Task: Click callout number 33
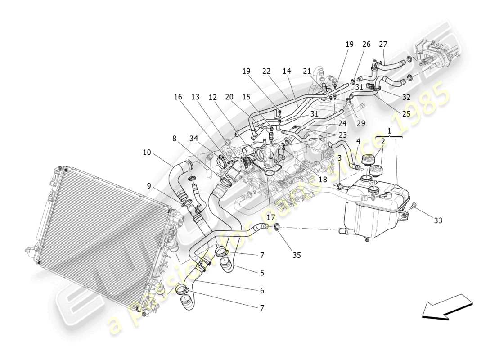point(438,220)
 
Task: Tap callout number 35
point(297,255)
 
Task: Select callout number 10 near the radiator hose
point(147,153)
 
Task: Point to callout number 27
point(383,44)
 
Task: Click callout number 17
point(270,216)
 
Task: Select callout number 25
point(406,114)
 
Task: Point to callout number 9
point(148,185)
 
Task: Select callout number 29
point(360,123)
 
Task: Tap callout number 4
point(358,141)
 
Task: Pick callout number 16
point(178,96)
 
